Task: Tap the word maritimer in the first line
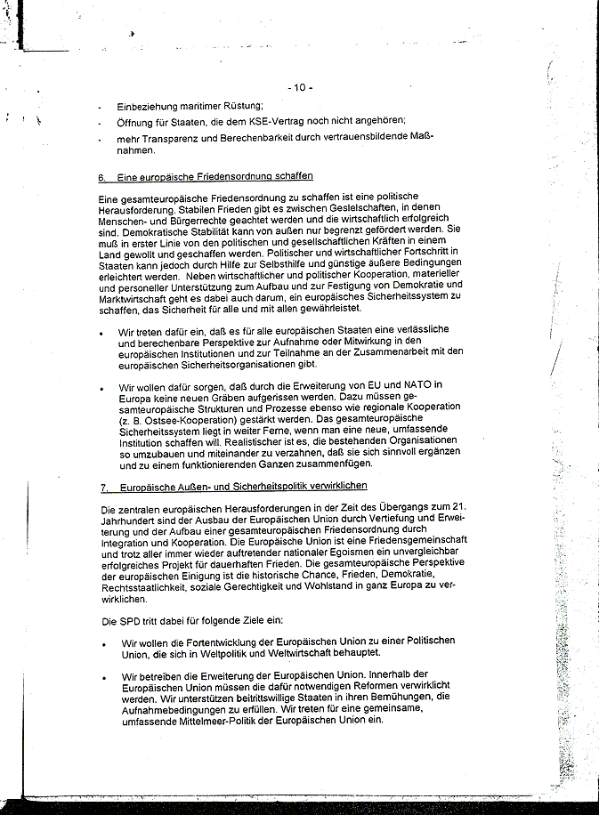pyautogui.click(x=186, y=106)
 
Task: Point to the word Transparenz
pyautogui.click(x=176, y=138)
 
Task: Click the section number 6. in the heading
pyautogui.click(x=102, y=176)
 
